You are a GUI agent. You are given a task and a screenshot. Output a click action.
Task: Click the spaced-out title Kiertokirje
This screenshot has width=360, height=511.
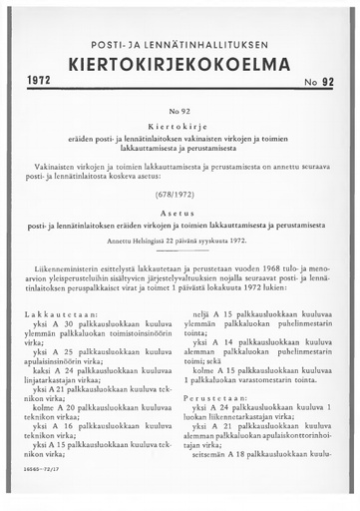click(180, 130)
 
